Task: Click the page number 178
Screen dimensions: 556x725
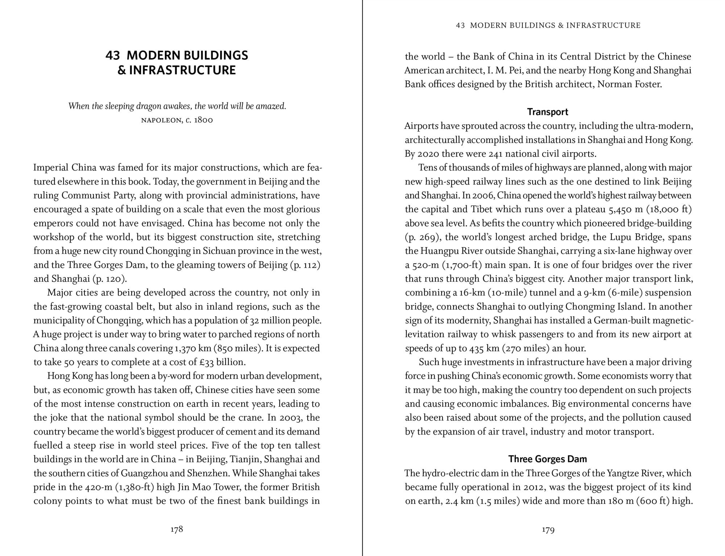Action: [177, 529]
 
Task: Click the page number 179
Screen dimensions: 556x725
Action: [548, 530]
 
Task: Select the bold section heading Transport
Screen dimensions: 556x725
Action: [547, 112]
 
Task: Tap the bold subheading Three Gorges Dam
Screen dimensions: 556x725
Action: [547, 459]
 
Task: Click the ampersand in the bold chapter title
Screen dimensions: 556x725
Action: [121, 70]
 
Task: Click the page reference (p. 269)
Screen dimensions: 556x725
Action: [422, 237]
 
